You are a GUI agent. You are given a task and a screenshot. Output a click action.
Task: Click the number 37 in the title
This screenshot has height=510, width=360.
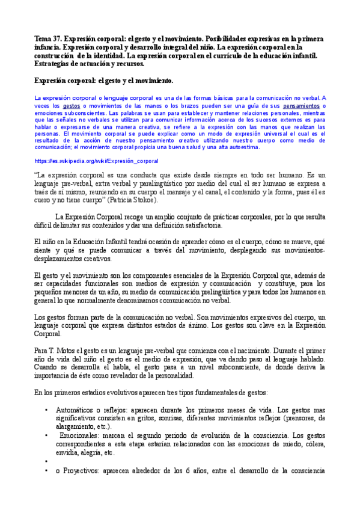[59, 37]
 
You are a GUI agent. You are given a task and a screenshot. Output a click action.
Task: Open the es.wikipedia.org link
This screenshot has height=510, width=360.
[96, 161]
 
